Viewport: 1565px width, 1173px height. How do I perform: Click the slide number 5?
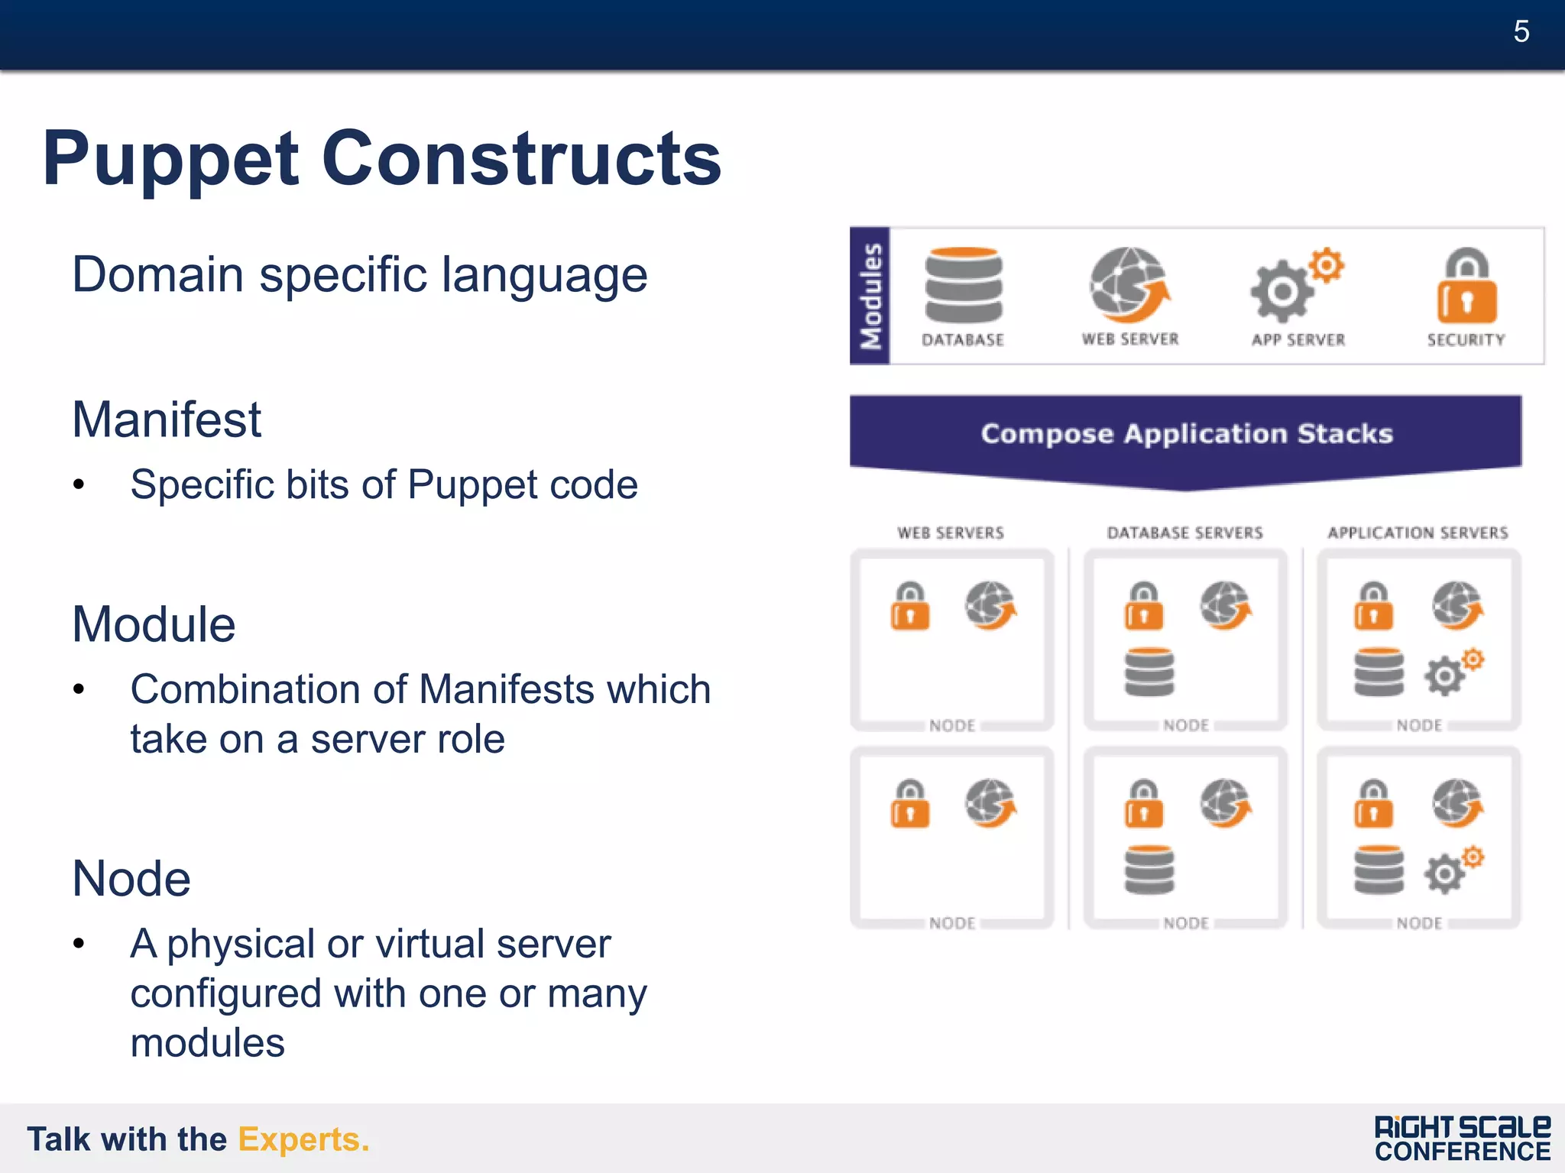click(1521, 32)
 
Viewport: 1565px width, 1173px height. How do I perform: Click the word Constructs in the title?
click(521, 159)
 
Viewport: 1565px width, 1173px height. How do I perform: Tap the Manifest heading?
click(167, 420)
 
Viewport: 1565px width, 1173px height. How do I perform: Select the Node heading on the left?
click(131, 879)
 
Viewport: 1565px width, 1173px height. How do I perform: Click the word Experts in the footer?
click(303, 1139)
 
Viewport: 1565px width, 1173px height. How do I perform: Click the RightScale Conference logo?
click(1462, 1139)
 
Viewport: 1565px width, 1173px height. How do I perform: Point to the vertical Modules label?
click(870, 296)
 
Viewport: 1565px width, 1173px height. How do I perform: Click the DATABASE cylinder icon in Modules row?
click(964, 285)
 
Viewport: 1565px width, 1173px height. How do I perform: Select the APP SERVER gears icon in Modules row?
click(1296, 286)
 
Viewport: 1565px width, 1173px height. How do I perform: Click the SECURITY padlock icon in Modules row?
click(1466, 286)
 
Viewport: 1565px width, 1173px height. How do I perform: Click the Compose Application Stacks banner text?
click(1187, 434)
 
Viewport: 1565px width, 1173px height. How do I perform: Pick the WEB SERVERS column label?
click(951, 533)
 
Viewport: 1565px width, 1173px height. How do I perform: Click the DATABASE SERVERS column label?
click(1184, 533)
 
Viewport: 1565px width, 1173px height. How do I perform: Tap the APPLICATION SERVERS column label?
click(1418, 533)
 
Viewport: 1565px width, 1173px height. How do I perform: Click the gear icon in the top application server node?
click(1452, 672)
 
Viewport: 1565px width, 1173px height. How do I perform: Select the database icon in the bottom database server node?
click(1149, 870)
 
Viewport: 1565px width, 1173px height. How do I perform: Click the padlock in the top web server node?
click(910, 607)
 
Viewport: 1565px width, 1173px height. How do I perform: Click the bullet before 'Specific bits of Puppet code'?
click(79, 484)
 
